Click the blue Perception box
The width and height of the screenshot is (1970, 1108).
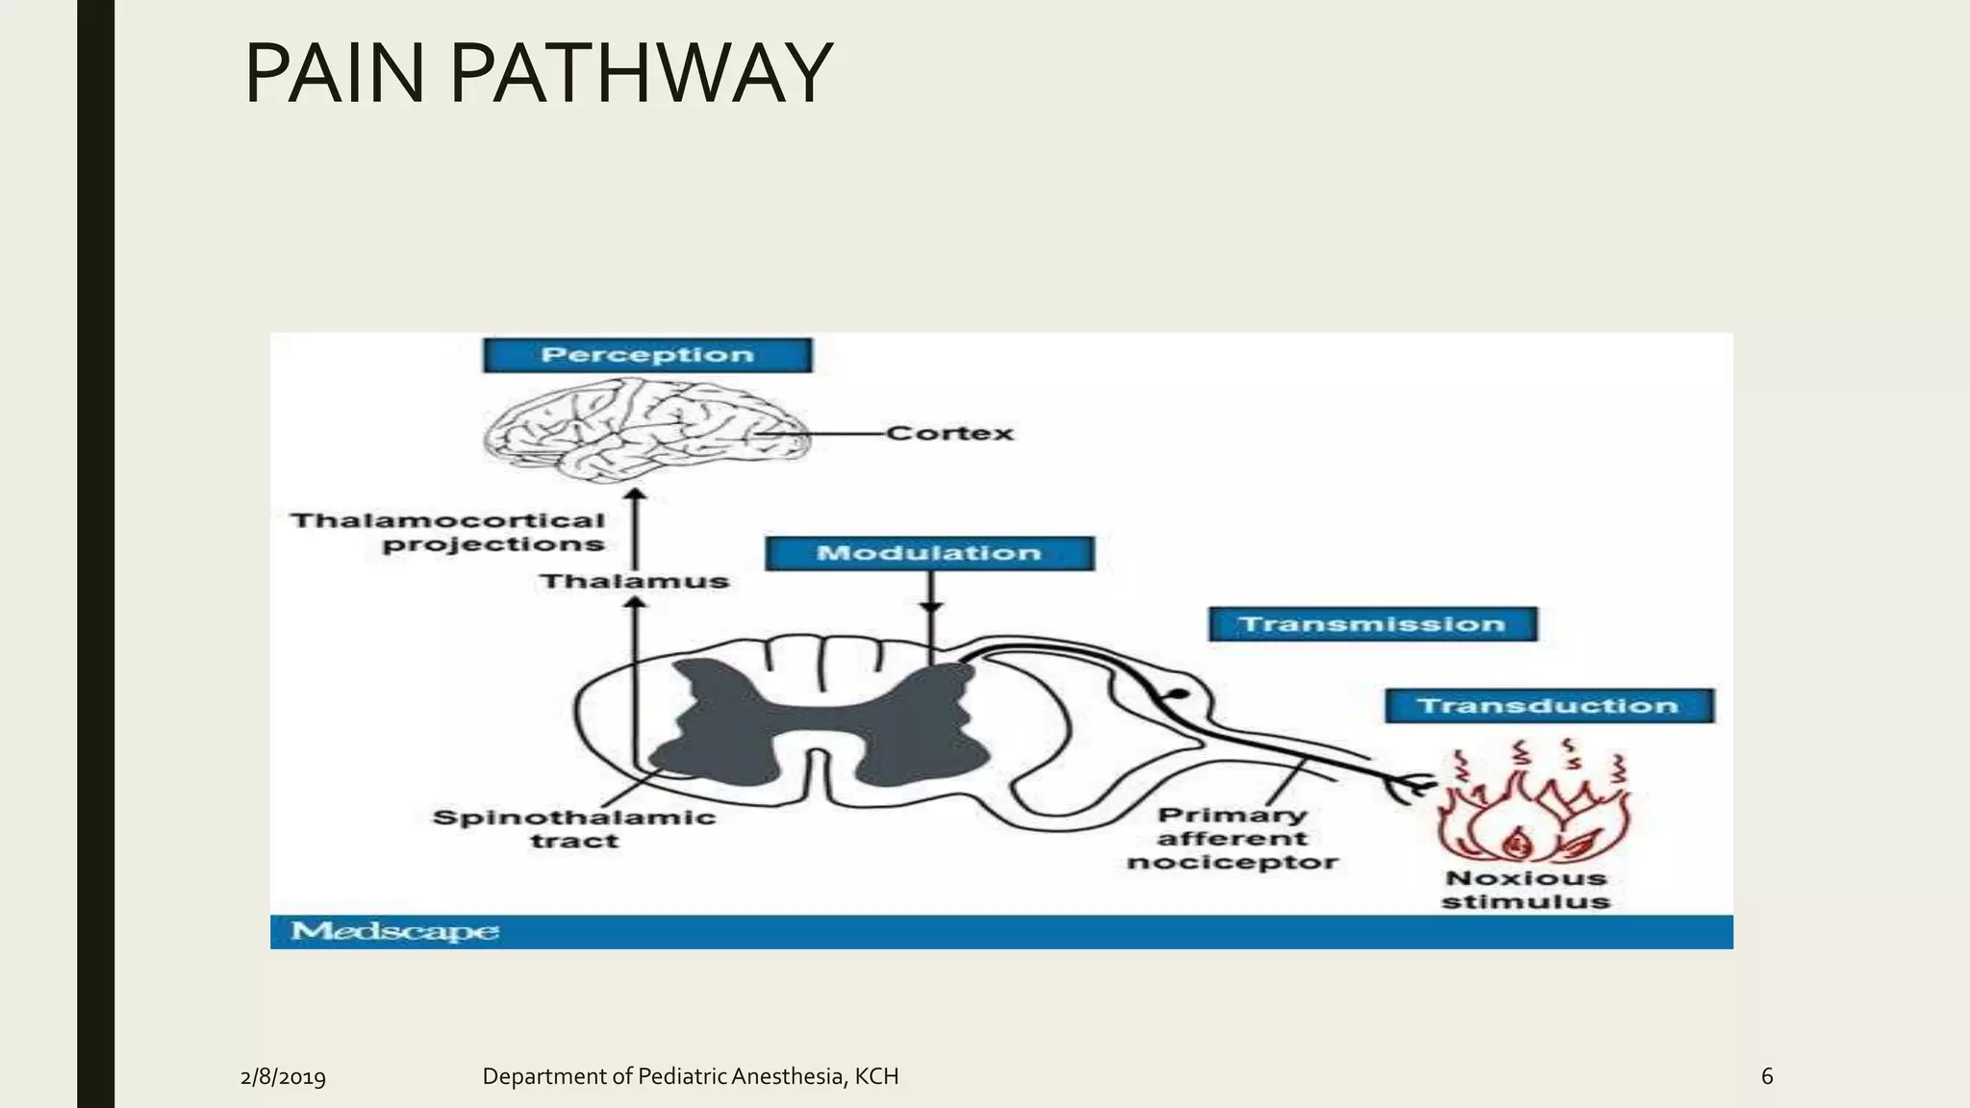(x=647, y=355)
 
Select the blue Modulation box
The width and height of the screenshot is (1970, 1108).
(x=929, y=553)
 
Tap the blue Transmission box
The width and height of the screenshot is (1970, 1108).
(x=1373, y=624)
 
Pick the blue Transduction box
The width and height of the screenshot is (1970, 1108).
(x=1549, y=706)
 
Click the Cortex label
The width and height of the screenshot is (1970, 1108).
(x=949, y=434)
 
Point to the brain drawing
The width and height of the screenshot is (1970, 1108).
(x=640, y=430)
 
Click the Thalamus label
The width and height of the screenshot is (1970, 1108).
(x=634, y=581)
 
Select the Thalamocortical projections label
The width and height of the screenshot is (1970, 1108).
(x=448, y=532)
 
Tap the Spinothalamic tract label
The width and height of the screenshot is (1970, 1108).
(x=574, y=828)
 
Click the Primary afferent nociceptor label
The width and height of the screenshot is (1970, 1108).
(x=1232, y=839)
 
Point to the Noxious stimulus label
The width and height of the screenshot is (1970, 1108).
(x=1526, y=890)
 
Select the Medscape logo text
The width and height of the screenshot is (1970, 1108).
(x=394, y=931)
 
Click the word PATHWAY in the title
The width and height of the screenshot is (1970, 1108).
(x=641, y=73)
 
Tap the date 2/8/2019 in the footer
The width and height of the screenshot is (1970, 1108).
(x=283, y=1076)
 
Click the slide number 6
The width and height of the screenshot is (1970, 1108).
(x=1766, y=1076)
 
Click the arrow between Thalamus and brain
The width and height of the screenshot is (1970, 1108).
(x=635, y=529)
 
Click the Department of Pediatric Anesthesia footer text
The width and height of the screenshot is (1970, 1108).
(x=690, y=1076)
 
